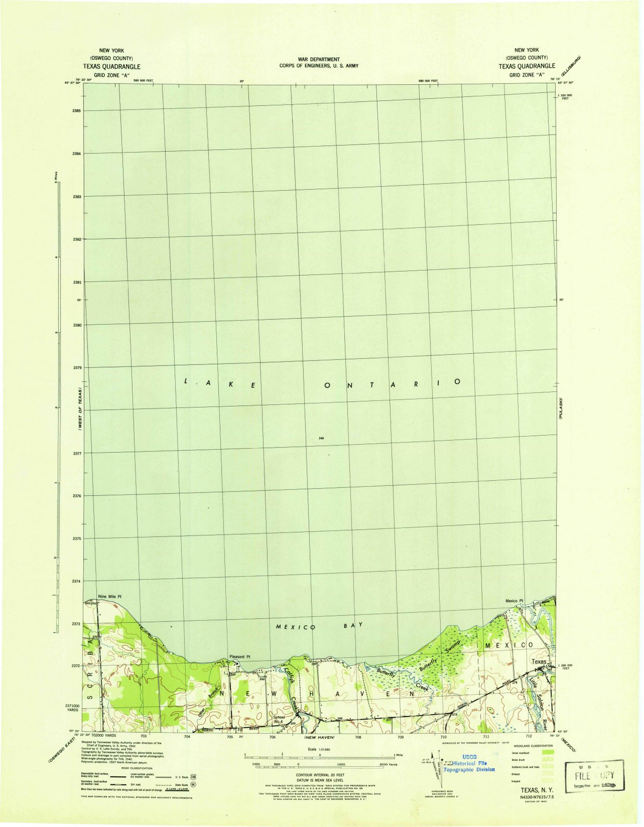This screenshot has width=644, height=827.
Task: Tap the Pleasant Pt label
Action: (239, 657)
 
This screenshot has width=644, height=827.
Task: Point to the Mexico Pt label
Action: (514, 601)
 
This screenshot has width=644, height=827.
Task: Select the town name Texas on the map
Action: (539, 662)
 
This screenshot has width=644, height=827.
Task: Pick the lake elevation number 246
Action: (321, 438)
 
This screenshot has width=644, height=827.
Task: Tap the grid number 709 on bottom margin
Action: (400, 737)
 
